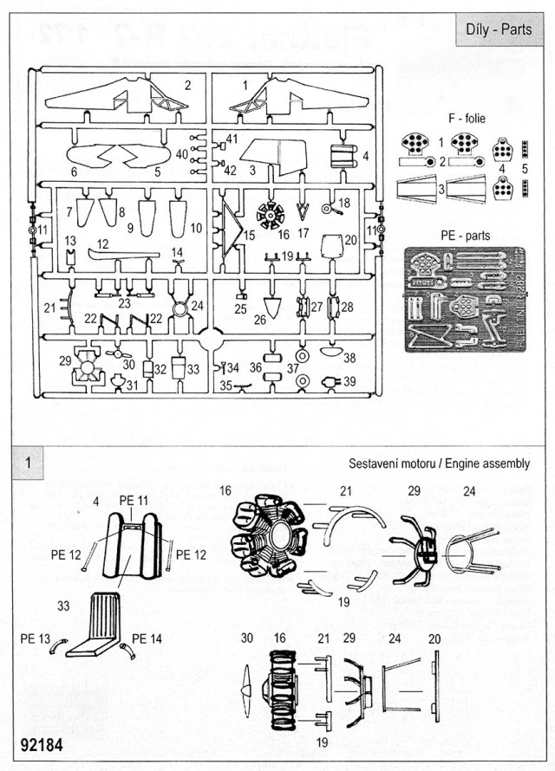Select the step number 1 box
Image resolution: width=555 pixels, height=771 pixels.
click(29, 463)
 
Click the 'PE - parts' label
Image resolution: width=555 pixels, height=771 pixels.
click(465, 235)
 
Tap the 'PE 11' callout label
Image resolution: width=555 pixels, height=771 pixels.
click(134, 501)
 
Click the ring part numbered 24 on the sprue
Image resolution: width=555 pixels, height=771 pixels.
click(180, 307)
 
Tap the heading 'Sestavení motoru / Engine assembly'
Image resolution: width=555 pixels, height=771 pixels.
click(439, 463)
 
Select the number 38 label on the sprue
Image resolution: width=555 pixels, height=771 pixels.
click(349, 356)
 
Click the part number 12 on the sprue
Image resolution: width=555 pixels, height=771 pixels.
click(103, 244)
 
